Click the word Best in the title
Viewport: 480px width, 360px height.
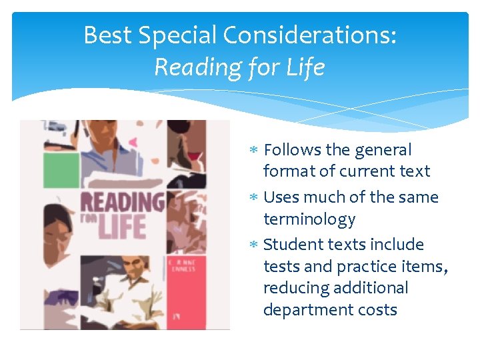coord(107,35)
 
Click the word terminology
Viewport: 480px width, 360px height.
coord(309,219)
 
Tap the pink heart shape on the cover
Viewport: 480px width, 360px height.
coord(133,141)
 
